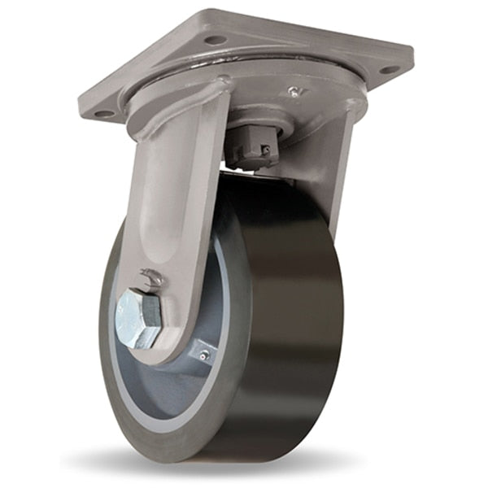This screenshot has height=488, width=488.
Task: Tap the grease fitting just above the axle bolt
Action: click(x=150, y=277)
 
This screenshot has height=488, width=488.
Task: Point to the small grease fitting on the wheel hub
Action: click(x=204, y=355)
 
